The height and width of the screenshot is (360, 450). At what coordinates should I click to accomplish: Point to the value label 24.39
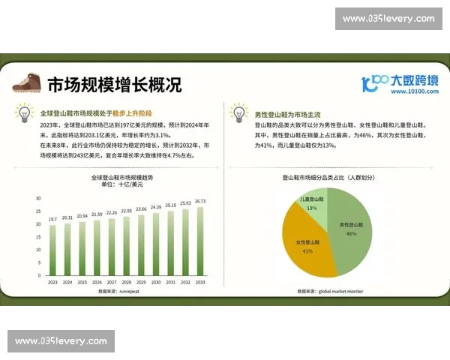(x=156, y=207)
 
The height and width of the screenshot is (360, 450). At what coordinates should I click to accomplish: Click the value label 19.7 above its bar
(x=52, y=219)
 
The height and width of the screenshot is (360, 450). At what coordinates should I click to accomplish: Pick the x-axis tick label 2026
(x=97, y=283)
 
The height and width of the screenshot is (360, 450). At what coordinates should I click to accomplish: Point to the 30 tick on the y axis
(x=37, y=199)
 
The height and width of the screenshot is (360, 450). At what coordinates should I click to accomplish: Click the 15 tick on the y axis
(x=37, y=238)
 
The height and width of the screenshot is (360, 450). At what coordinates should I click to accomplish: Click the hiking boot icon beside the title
(x=27, y=84)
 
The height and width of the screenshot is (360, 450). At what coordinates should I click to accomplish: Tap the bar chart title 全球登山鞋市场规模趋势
(x=122, y=178)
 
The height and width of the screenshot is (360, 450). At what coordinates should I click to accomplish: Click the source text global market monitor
(x=342, y=291)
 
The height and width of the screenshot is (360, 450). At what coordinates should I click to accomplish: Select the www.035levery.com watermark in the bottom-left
(x=61, y=341)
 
